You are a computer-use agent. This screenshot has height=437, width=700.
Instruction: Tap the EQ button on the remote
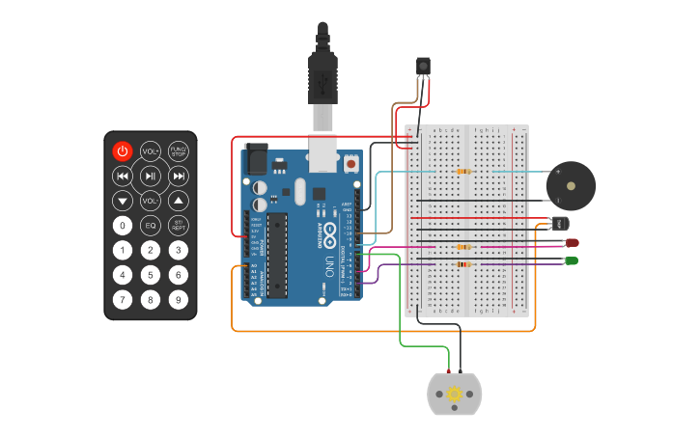(x=151, y=226)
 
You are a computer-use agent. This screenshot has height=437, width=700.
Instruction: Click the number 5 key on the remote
(x=151, y=275)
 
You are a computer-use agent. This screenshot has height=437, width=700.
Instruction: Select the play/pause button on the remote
(x=151, y=176)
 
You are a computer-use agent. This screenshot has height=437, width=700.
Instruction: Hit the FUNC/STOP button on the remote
(x=179, y=151)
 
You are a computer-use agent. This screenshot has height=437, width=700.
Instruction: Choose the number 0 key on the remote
(x=123, y=226)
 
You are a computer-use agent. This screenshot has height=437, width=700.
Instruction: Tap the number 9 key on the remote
(x=179, y=299)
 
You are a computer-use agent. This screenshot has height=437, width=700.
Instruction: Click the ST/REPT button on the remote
(x=179, y=226)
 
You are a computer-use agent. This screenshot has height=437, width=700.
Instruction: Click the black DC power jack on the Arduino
(x=256, y=158)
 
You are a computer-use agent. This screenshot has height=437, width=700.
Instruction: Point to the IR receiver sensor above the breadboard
(x=423, y=66)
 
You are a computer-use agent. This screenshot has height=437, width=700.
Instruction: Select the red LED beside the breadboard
(x=572, y=243)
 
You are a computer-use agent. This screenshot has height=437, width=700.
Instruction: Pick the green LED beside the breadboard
(x=572, y=260)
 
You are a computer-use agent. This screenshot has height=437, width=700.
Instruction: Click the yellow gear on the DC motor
(x=454, y=394)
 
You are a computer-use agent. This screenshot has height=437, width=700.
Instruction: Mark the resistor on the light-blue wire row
(x=463, y=172)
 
